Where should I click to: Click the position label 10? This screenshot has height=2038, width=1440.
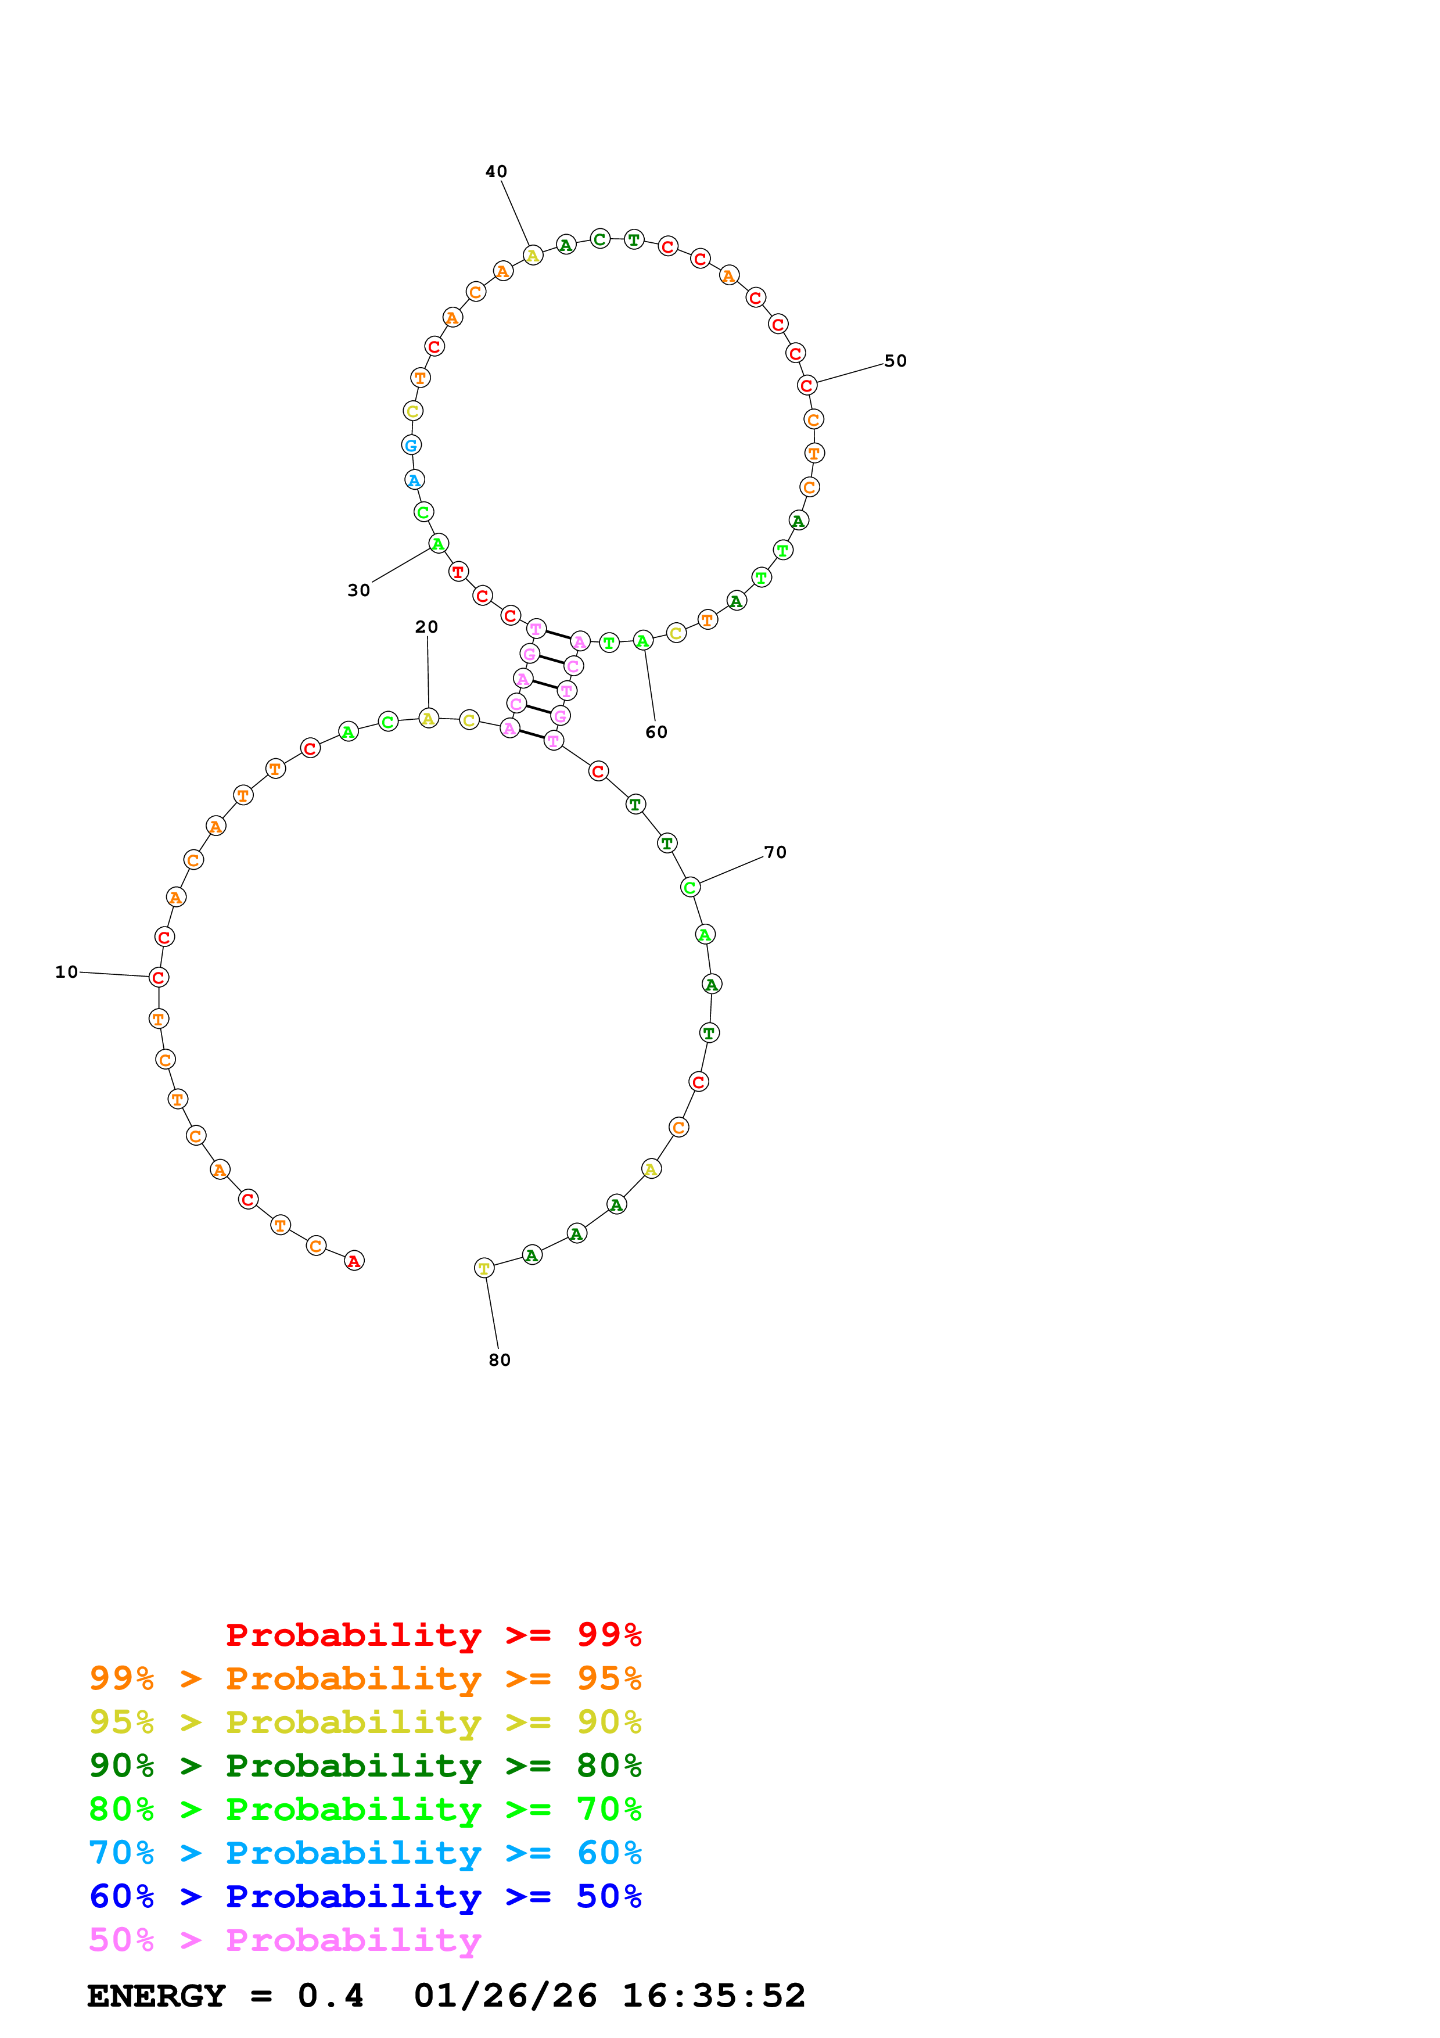(x=67, y=972)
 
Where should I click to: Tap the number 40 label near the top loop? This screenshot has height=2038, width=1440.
(x=496, y=171)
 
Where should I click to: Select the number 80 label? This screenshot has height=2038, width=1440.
(x=500, y=1360)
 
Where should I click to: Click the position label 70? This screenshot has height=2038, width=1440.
(x=774, y=852)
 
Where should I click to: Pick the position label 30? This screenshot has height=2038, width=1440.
(x=358, y=590)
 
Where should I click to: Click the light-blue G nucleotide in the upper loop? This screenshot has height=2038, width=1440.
(x=411, y=444)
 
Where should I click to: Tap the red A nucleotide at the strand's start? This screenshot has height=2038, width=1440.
(x=354, y=1261)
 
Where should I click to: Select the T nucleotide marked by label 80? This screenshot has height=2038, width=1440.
(x=483, y=1268)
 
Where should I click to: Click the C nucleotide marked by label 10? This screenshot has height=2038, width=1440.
(x=159, y=977)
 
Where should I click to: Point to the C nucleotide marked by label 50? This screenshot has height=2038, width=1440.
(x=806, y=385)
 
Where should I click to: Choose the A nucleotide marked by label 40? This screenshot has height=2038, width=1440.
(x=532, y=256)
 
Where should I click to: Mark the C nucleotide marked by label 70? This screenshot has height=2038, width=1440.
(x=690, y=887)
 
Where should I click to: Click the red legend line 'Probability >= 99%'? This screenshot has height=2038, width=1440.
(x=433, y=1635)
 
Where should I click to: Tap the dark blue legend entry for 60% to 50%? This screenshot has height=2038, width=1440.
(x=365, y=1897)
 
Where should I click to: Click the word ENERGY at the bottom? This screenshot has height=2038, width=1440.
(x=155, y=1996)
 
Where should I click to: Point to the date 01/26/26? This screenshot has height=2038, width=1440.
(x=505, y=1996)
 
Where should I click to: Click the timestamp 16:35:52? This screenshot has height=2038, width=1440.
(x=713, y=1996)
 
